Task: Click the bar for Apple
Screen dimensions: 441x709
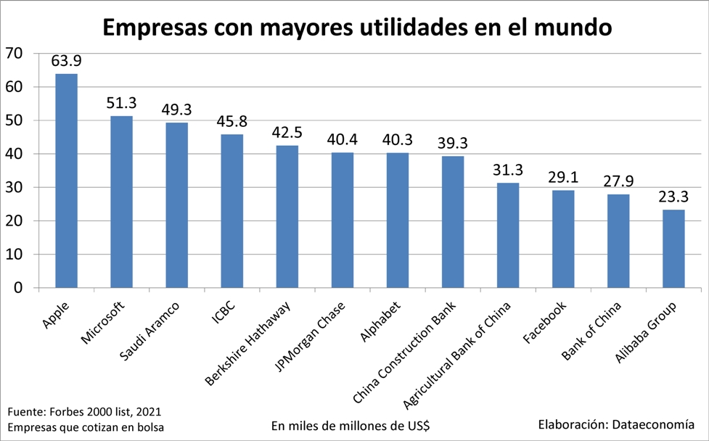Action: [x=67, y=181]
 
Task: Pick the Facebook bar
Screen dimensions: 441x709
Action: [x=563, y=239]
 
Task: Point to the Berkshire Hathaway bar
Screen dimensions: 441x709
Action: [x=287, y=217]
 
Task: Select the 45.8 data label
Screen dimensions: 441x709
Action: [x=232, y=121]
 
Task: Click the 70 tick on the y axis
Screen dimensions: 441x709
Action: [x=14, y=54]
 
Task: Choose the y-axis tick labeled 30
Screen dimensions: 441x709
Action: [x=14, y=188]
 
